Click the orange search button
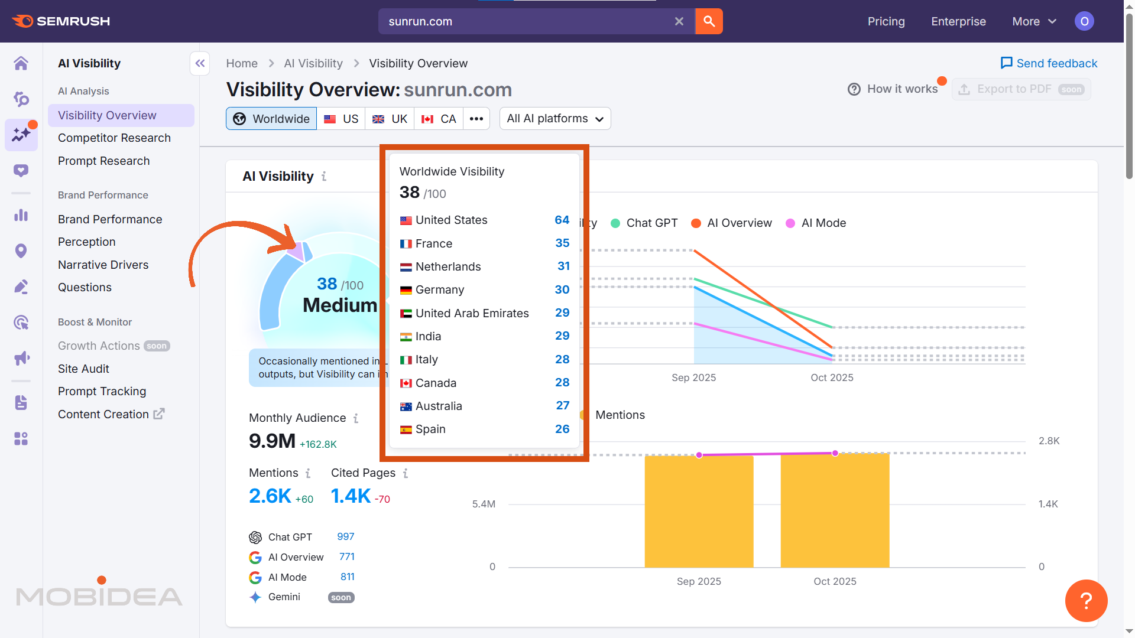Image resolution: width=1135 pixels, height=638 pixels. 709,21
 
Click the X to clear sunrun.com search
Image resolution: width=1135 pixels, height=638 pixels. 679,21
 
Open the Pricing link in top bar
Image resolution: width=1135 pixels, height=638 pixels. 886,21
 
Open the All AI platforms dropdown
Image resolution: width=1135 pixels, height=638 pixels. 554,119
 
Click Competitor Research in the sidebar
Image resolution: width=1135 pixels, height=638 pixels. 114,138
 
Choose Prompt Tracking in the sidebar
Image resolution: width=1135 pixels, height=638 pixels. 102,391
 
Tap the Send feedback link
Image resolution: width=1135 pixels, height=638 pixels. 1049,63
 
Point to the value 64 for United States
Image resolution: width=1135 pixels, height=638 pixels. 562,220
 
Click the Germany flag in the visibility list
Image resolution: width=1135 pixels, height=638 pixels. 406,290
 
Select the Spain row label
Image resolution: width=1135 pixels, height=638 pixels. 430,429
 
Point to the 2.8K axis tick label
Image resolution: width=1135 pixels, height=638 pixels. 1049,441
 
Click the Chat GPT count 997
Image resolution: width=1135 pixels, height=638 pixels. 345,536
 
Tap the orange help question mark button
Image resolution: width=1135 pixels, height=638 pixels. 1086,601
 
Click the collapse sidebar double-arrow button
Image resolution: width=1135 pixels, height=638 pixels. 200,63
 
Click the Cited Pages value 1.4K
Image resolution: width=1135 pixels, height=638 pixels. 351,496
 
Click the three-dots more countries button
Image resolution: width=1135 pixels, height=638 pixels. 476,119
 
